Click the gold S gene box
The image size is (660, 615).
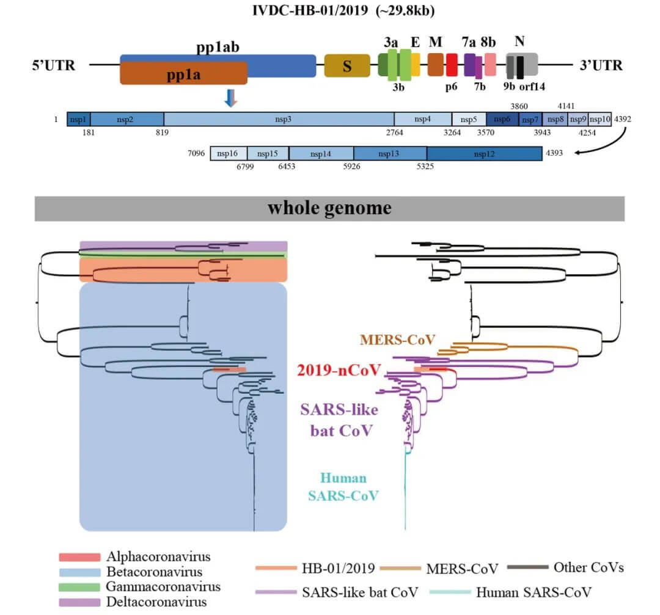[346, 65]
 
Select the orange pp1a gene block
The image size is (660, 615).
[183, 73]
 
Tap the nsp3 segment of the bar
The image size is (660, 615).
[279, 119]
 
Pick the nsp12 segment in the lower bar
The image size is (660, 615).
[484, 154]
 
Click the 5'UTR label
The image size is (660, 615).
[54, 65]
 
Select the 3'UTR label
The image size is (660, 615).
[601, 65]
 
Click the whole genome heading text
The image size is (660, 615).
[329, 208]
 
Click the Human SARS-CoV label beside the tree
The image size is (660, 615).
[343, 486]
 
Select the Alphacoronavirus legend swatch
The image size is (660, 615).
[79, 557]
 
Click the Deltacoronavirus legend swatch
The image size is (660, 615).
[79, 602]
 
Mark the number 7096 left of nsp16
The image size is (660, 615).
[197, 153]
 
